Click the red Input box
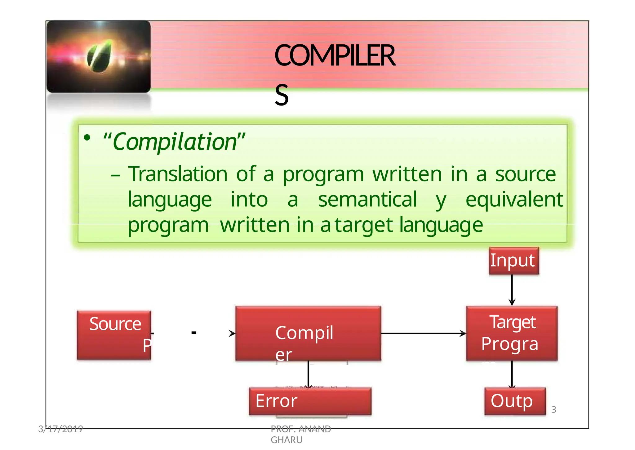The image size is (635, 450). click(514, 261)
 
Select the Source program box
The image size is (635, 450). click(114, 335)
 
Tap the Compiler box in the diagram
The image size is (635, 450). click(308, 333)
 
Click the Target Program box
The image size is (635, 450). click(512, 333)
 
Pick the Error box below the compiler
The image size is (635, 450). click(310, 401)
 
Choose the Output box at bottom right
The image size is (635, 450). click(515, 401)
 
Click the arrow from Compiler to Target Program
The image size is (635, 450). click(423, 334)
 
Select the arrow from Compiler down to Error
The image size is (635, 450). click(308, 374)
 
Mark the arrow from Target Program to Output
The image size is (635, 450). click(512, 374)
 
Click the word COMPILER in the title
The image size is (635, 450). click(335, 56)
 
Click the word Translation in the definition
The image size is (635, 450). click(178, 174)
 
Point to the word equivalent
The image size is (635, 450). click(514, 200)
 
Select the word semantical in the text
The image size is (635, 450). click(367, 200)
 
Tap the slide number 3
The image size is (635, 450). click(554, 410)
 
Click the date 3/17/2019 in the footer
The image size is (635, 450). click(60, 429)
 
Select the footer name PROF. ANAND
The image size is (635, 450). click(301, 429)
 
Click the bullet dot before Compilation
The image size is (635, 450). click(87, 137)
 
